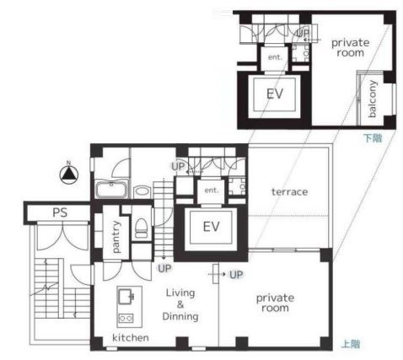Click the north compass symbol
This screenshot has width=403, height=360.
(x=69, y=174)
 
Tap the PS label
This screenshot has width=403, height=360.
(x=60, y=212)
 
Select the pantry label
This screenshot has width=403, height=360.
(x=116, y=237)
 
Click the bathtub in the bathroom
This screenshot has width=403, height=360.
(x=112, y=190)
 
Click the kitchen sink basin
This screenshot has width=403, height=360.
(x=126, y=297)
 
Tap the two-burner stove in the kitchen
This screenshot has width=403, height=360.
(x=126, y=318)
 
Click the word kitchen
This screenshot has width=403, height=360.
(x=131, y=337)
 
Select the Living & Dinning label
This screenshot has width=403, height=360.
(x=180, y=304)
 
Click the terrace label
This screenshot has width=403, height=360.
(x=289, y=192)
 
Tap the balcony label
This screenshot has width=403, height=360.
(x=372, y=99)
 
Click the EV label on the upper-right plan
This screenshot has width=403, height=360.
(x=275, y=94)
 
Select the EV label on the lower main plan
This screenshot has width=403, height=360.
(x=211, y=227)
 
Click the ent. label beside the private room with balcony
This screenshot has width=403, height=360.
(x=275, y=57)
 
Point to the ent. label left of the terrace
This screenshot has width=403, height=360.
(x=212, y=191)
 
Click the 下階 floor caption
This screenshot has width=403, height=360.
(x=373, y=138)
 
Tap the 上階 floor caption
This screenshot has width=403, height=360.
(x=351, y=344)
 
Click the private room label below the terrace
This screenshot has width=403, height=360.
(x=275, y=303)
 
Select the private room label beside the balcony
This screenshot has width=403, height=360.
(x=351, y=47)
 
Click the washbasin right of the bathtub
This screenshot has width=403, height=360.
(x=142, y=191)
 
